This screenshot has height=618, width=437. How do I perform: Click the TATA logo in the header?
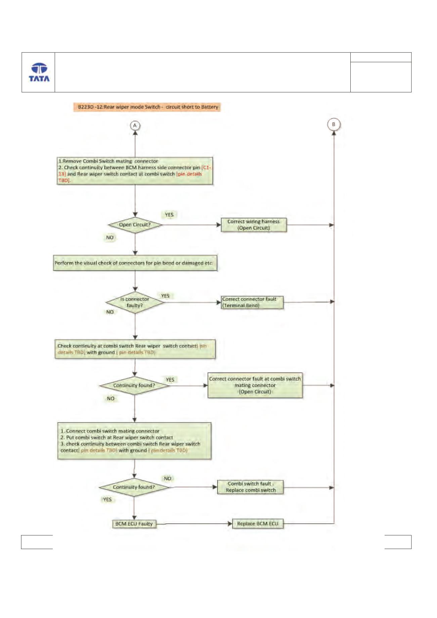tap(39, 72)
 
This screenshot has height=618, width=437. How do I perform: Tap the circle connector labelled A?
tap(135, 126)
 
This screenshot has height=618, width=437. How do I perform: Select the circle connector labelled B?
tap(334, 124)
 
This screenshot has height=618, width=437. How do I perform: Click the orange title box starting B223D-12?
tap(147, 107)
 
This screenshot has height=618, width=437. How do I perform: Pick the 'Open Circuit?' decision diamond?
tap(135, 225)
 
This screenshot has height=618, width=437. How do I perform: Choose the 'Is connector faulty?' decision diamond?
tap(135, 302)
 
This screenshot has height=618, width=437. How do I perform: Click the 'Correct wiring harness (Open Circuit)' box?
tap(254, 225)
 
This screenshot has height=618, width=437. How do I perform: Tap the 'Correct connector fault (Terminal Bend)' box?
tap(252, 302)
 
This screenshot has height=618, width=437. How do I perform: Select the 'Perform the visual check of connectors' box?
tap(135, 263)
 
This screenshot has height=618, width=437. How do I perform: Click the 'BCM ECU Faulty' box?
tap(134, 524)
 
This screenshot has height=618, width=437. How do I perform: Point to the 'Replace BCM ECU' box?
tap(258, 524)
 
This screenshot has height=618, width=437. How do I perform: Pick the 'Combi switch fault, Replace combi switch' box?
tap(251, 487)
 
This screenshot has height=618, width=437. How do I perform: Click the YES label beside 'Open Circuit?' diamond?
tap(169, 215)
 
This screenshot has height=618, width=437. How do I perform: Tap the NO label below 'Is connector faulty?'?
tap(110, 312)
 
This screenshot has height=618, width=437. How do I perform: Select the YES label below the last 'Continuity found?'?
tap(107, 499)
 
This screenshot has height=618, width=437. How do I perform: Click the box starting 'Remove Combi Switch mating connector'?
tap(135, 171)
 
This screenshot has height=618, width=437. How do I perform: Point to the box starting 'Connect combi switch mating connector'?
tap(134, 441)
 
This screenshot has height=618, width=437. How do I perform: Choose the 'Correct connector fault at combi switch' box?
tap(255, 385)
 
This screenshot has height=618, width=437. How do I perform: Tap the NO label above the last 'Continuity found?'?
tap(168, 478)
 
